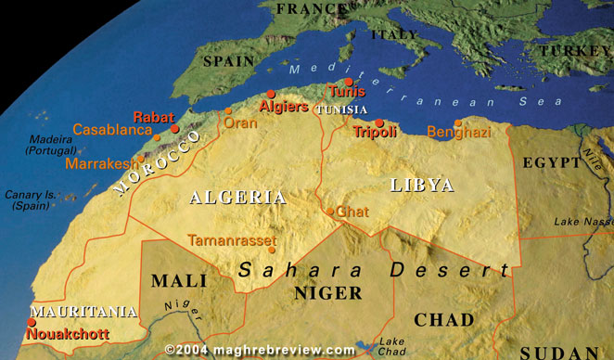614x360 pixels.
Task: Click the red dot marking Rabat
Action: click(x=174, y=129)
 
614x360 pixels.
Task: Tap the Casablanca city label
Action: click(x=111, y=131)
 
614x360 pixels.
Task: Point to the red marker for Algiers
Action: click(x=271, y=94)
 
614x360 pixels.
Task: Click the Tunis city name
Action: click(x=345, y=92)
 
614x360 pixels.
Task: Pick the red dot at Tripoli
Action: click(x=379, y=122)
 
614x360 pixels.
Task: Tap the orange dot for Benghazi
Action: click(x=458, y=122)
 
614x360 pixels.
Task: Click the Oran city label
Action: click(x=240, y=122)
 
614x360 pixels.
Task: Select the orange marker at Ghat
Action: click(x=330, y=212)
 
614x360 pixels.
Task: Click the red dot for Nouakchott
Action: click(x=31, y=322)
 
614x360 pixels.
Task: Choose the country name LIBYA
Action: click(x=422, y=185)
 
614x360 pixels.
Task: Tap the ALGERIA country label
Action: click(x=237, y=197)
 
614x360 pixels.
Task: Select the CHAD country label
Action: click(x=443, y=320)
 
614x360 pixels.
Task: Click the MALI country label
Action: click(x=179, y=280)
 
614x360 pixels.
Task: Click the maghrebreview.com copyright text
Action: click(x=260, y=350)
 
